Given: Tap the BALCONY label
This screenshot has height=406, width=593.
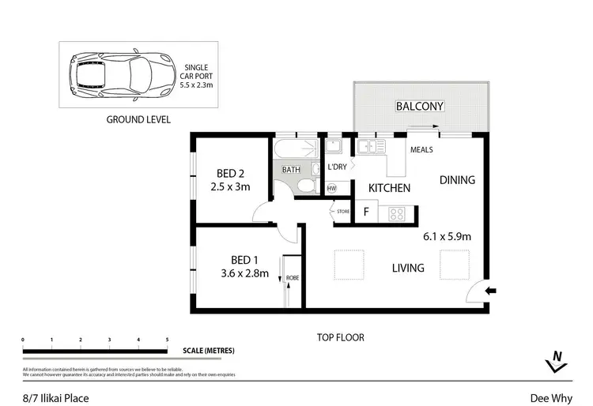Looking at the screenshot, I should pyautogui.click(x=419, y=106).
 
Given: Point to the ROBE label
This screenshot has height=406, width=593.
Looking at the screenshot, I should pyautogui.click(x=292, y=277).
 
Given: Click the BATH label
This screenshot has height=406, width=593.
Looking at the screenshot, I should pyautogui.click(x=291, y=170).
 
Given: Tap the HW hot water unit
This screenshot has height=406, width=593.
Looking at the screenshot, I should pyautogui.click(x=331, y=188).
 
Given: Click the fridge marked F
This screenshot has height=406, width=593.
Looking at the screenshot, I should pyautogui.click(x=365, y=212).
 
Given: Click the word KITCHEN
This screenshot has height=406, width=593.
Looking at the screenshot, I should pyautogui.click(x=389, y=188).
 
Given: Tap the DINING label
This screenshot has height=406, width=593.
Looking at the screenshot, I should pyautogui.click(x=457, y=180).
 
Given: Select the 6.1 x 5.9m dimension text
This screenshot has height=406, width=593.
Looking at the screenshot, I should pyautogui.click(x=448, y=235).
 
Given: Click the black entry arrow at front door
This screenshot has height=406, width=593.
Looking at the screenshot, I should pyautogui.click(x=490, y=291).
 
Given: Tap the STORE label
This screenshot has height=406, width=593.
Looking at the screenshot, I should pyautogui.click(x=342, y=211).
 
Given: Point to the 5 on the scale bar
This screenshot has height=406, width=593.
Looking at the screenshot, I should pyautogui.click(x=167, y=340).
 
